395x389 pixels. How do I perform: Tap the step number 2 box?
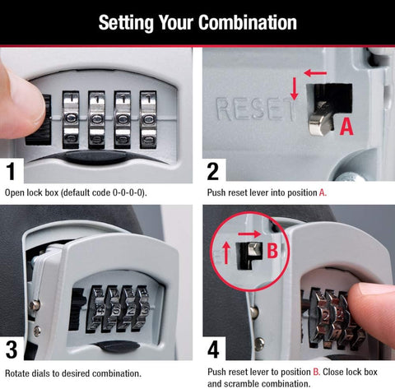pos(213,171)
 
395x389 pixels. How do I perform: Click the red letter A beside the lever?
pos(347,126)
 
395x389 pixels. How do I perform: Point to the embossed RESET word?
pos(251,108)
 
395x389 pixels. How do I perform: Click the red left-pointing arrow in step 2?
pos(314,73)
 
